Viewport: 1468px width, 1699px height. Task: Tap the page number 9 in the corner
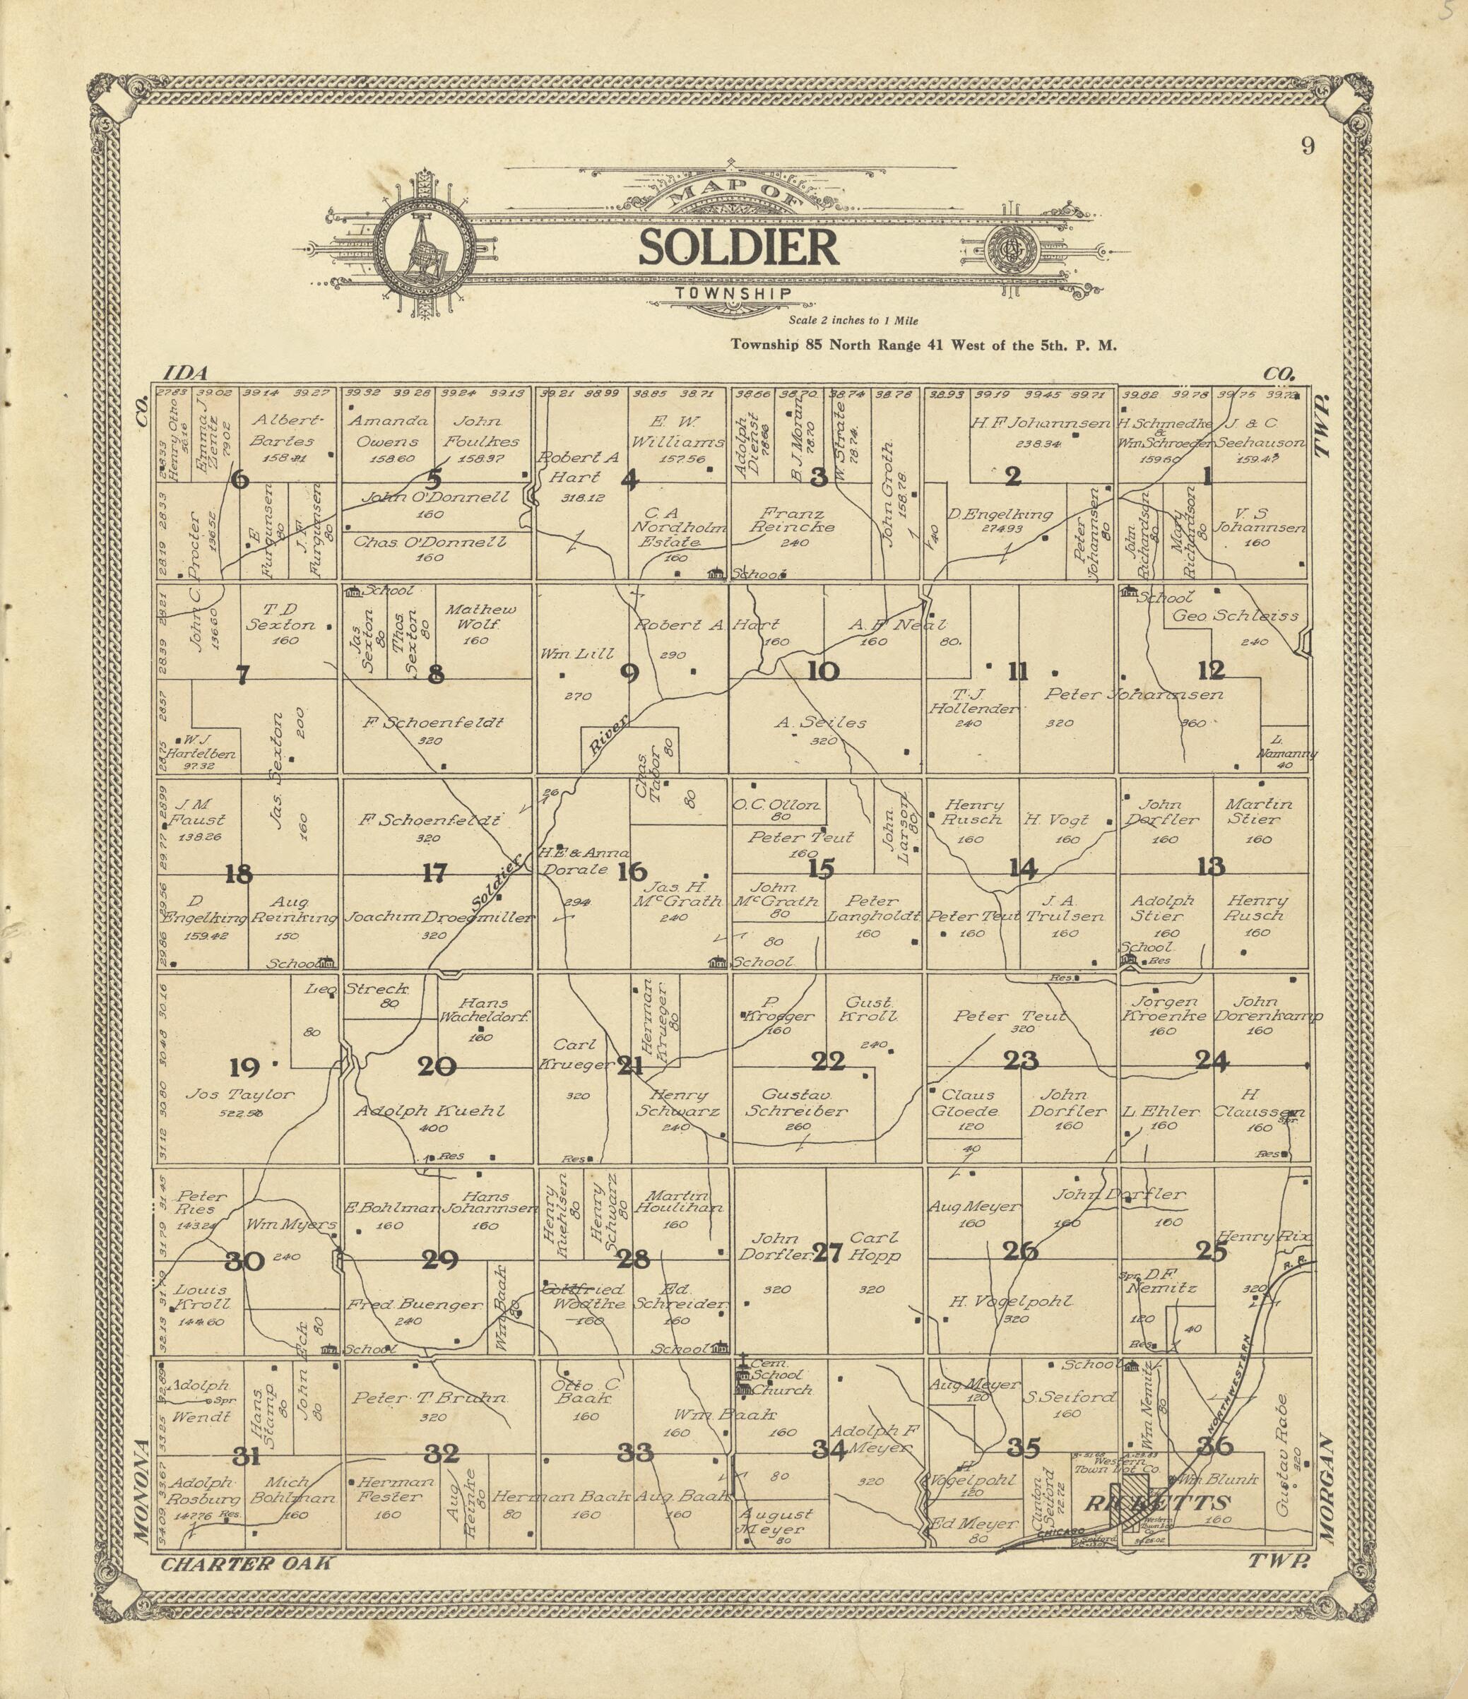[1307, 146]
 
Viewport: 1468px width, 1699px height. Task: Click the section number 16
[632, 872]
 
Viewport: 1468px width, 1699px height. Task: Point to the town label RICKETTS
[1157, 1503]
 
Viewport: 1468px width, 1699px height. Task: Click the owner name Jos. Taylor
[239, 1094]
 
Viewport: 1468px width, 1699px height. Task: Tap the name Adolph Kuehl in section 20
[429, 1111]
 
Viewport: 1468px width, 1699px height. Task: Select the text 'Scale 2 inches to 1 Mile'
[853, 321]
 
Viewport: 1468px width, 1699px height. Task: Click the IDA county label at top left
[187, 374]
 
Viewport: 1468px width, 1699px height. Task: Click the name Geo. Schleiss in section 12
[1235, 616]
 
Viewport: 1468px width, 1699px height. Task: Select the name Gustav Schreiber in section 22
[796, 1103]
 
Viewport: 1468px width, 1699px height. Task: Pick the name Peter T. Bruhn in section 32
[430, 1399]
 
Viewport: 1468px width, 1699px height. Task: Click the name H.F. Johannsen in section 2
[1039, 424]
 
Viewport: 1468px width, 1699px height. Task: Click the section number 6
[239, 479]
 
